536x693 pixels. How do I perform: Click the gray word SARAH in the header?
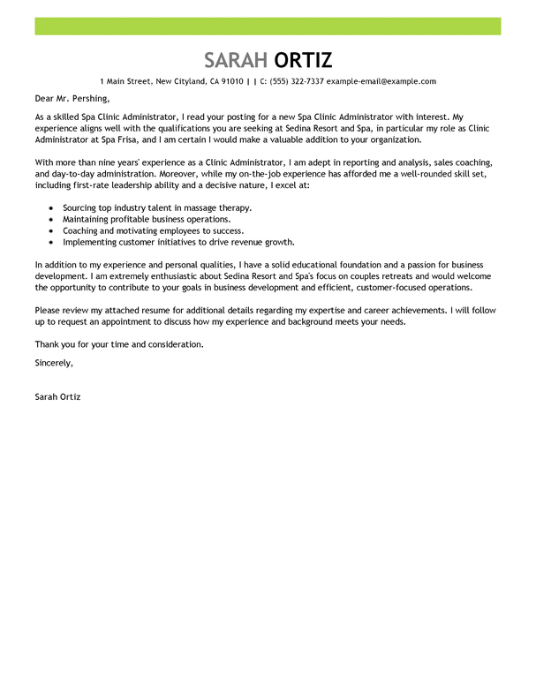(236, 60)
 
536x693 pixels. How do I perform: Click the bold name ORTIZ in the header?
(303, 60)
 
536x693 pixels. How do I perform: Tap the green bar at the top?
(268, 26)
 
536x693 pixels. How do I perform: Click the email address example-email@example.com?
(381, 81)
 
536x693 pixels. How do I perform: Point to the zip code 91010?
(232, 81)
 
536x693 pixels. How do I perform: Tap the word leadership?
(130, 185)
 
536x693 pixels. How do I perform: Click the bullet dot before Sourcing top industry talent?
(52, 207)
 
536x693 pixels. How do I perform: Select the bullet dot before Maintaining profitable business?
(52, 219)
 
